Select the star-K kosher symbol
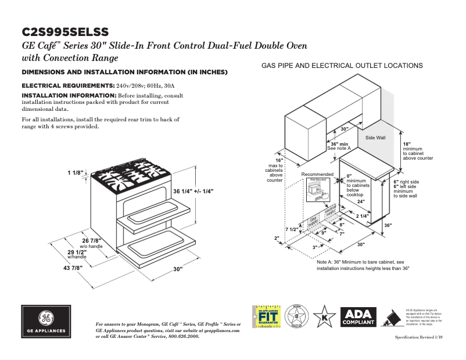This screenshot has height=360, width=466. tap(321, 318)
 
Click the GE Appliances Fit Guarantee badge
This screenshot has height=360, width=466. tap(265, 318)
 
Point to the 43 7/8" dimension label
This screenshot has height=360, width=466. tap(73, 268)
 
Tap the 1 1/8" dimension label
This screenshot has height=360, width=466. tap(76, 173)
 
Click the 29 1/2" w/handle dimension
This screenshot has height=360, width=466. tap(77, 253)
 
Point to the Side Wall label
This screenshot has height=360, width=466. tap(375, 138)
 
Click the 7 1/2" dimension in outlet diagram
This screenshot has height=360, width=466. tap(292, 230)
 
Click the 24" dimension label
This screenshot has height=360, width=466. tap(360, 202)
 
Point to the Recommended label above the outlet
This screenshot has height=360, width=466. tap(317, 174)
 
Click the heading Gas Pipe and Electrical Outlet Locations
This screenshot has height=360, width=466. tap(342, 66)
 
